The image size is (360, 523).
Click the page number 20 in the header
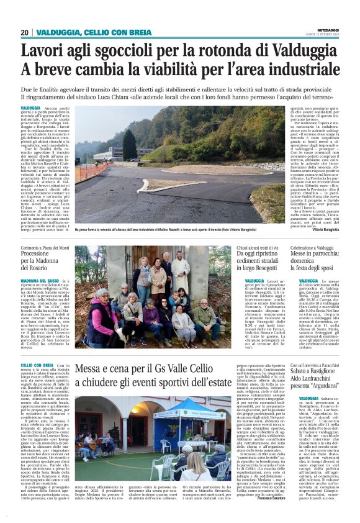pyautogui.click(x=25, y=32)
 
